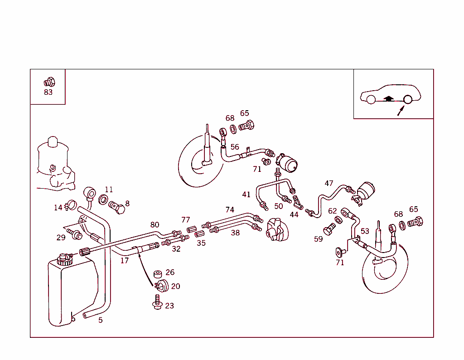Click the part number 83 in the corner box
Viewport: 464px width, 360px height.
pyautogui.click(x=48, y=92)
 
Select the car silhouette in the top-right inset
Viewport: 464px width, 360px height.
pyautogui.click(x=390, y=94)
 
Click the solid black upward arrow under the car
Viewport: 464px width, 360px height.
pyautogui.click(x=388, y=98)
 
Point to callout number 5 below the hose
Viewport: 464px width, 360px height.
pyautogui.click(x=100, y=320)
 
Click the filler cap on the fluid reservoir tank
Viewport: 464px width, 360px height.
pyautogui.click(x=65, y=259)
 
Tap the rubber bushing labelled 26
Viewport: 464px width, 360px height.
pyautogui.click(x=158, y=275)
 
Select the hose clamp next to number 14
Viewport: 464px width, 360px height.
pyautogui.click(x=70, y=206)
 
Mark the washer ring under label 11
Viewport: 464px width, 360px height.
pyautogui.click(x=104, y=199)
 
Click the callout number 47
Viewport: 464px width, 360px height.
pyautogui.click(x=329, y=184)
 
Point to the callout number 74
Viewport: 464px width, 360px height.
pyautogui.click(x=230, y=209)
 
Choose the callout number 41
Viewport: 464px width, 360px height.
pyautogui.click(x=246, y=195)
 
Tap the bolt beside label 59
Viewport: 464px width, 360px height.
pyautogui.click(x=329, y=230)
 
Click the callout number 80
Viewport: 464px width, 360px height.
pyautogui.click(x=155, y=224)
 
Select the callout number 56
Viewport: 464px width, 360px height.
pyautogui.click(x=235, y=147)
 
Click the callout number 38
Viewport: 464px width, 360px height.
pyautogui.click(x=235, y=233)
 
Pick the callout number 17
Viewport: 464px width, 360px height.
pyautogui.click(x=124, y=260)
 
